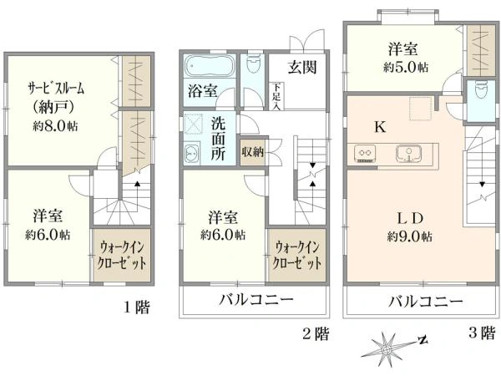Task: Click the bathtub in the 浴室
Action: click(x=210, y=66)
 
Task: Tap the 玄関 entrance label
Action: click(x=302, y=68)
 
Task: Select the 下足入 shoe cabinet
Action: click(x=276, y=96)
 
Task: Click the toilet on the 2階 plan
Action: click(x=254, y=64)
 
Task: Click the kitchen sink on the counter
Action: click(x=409, y=154)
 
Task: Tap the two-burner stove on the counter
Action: click(x=365, y=153)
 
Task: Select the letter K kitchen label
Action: click(x=380, y=127)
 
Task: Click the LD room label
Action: click(x=410, y=218)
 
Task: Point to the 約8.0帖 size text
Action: click(x=55, y=126)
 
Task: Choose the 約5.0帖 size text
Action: click(x=406, y=68)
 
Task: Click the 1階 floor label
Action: click(x=136, y=307)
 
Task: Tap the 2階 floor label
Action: click(x=316, y=334)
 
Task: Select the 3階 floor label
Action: click(x=482, y=333)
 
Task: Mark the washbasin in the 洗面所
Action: click(x=192, y=154)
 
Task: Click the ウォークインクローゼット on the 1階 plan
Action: click(x=122, y=255)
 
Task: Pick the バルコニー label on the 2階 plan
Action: click(x=256, y=300)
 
